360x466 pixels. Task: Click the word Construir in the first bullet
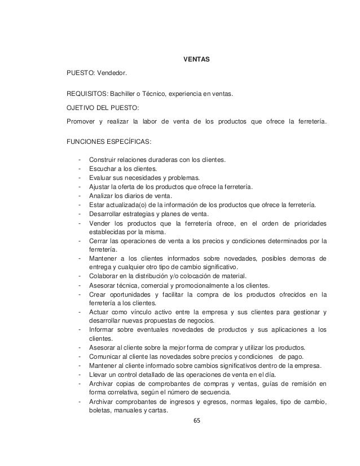(103, 160)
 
